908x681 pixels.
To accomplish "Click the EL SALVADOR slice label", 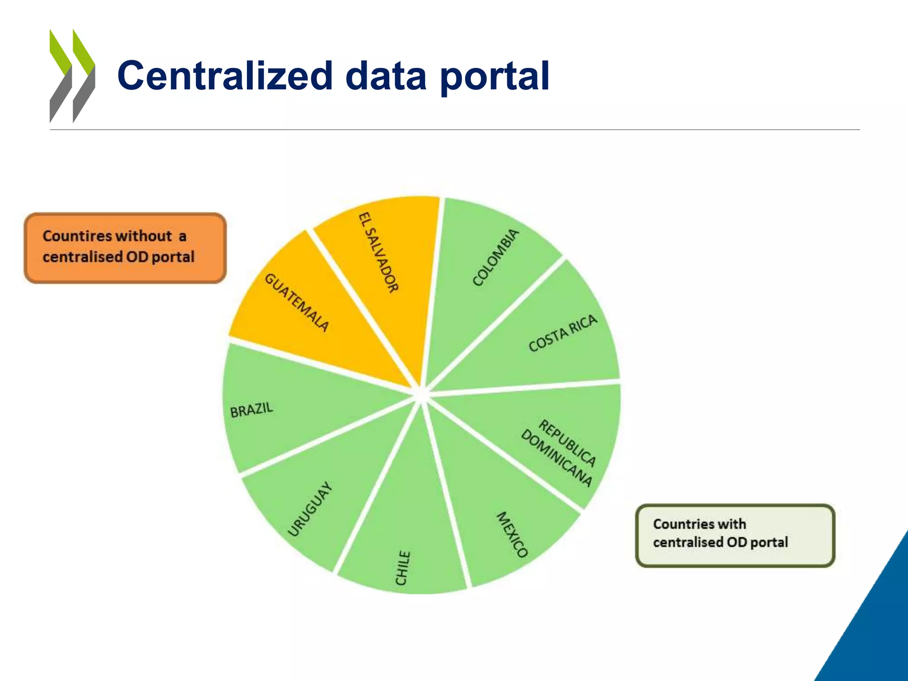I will coord(378,253).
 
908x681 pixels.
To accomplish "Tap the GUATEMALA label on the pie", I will coord(297,303).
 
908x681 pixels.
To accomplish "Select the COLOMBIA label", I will coord(495,258).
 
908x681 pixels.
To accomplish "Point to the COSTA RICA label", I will coord(563,333).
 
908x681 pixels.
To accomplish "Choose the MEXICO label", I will coord(512,534).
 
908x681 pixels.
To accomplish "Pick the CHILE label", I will coord(403,568).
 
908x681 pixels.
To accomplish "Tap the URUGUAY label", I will coord(309,509).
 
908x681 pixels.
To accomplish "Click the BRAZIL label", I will coord(251,410).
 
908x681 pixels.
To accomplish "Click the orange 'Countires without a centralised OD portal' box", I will coord(125,248).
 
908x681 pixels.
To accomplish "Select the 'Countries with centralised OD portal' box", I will coord(735,535).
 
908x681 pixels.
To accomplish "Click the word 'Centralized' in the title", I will coord(225,76).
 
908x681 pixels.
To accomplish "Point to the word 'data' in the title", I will coord(385,76).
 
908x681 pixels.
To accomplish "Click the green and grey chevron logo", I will coord(72,76).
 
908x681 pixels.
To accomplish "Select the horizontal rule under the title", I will coord(454,130).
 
